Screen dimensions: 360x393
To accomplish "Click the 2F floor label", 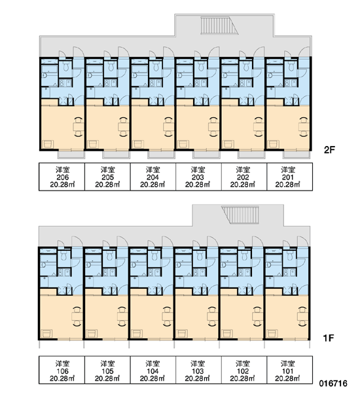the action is point(329,150).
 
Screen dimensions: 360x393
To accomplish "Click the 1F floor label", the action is point(329,338).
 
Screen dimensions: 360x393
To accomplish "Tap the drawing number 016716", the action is point(333,383).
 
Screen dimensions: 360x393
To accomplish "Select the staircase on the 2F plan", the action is point(219,25).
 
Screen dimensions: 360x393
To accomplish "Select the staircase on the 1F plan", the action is point(240,215).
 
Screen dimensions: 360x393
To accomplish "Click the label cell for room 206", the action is point(62,177).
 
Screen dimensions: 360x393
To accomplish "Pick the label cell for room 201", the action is point(289,177).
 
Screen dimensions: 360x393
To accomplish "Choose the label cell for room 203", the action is point(199,177).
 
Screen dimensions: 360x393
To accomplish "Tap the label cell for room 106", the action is point(62,370).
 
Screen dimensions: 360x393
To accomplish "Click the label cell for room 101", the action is point(289,370).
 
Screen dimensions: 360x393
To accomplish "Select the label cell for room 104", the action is point(153,370).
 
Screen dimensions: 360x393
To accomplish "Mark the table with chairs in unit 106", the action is point(77,316).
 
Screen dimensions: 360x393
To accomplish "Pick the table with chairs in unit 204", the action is point(168,127).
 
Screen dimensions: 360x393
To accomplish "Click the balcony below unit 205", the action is point(117,155).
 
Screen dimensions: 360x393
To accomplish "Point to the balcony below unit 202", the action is point(251,155).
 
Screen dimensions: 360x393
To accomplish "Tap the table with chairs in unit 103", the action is point(212,316).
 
